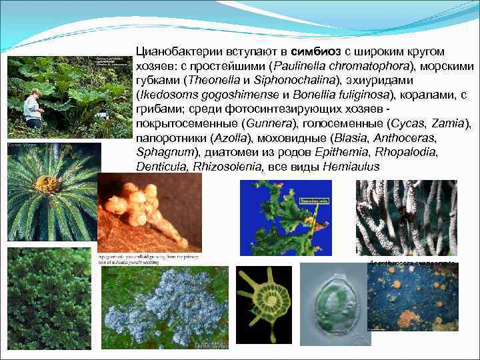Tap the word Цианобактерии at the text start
coord(175,51)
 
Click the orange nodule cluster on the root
coord(144,204)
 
